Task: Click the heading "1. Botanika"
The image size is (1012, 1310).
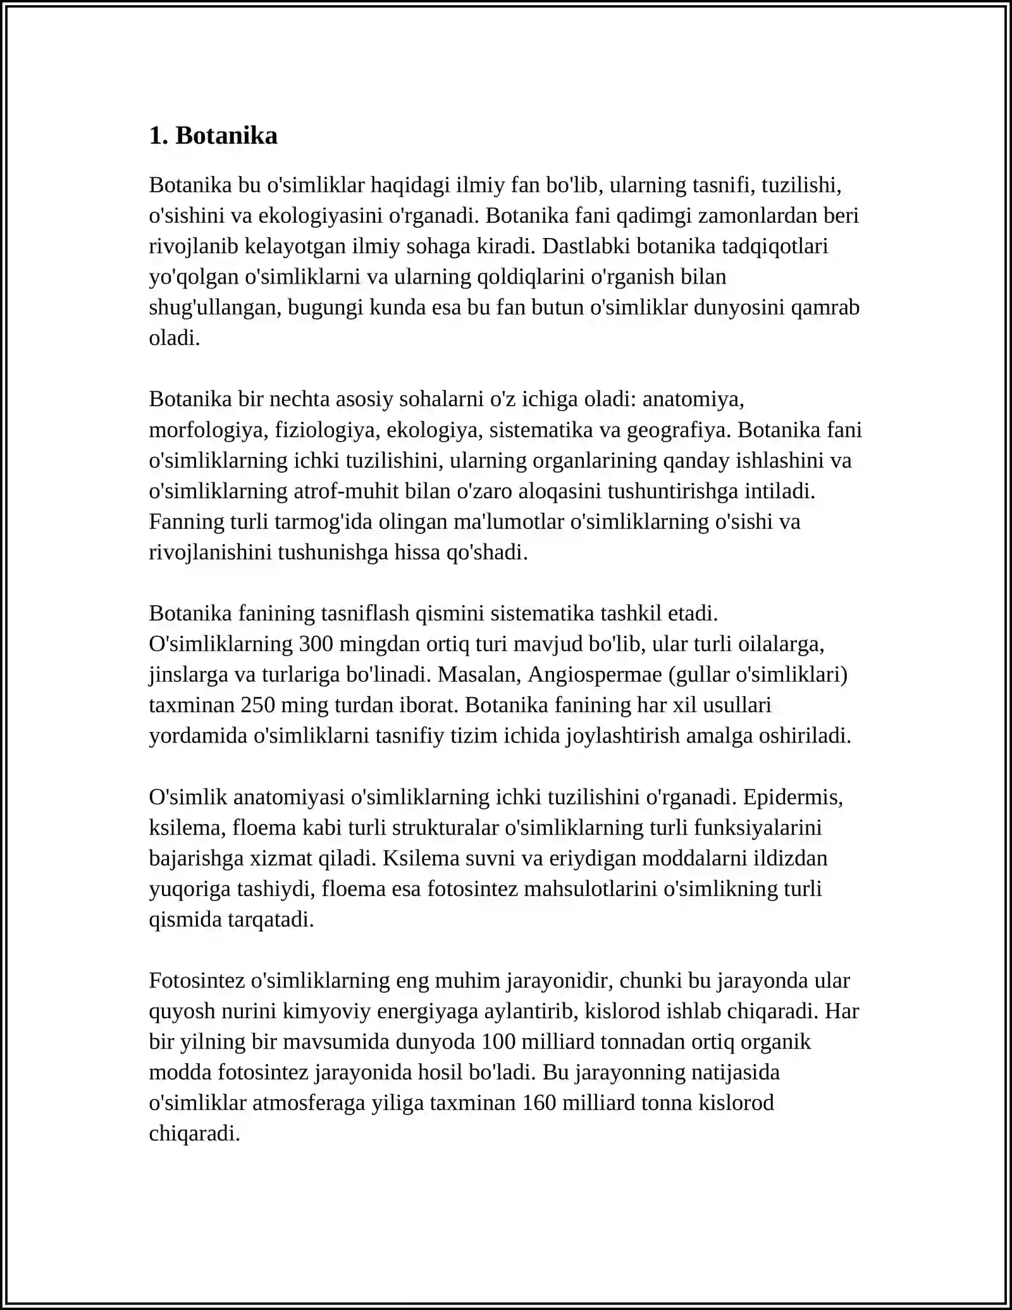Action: click(213, 135)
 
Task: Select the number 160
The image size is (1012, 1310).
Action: click(540, 1103)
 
